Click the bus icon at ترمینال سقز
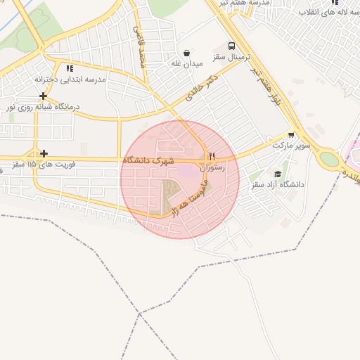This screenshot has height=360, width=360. point(232,44)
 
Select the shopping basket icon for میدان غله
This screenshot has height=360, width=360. point(186,52)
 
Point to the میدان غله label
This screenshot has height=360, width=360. point(187,63)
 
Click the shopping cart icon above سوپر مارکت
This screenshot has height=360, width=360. point(291,134)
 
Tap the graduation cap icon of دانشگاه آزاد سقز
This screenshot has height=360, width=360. point(278,174)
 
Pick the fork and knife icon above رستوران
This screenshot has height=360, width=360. point(211,156)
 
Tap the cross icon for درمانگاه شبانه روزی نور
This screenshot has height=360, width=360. point(44,96)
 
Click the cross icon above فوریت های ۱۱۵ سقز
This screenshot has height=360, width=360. point(44,153)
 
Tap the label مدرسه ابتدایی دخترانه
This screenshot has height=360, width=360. point(70,79)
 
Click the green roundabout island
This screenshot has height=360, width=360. point(328,160)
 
